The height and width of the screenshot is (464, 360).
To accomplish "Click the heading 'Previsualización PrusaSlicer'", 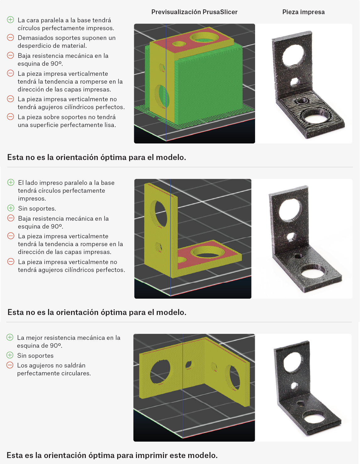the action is pos(194,12).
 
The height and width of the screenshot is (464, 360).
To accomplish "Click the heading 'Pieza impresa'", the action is pos(303,12).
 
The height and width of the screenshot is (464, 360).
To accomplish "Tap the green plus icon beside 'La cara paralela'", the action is pos(10,20).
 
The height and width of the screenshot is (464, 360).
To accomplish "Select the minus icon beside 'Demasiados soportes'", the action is pos(10,38).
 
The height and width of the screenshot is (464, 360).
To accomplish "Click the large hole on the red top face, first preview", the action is pos(205,38).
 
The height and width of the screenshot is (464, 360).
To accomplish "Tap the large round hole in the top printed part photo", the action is pos(293,55).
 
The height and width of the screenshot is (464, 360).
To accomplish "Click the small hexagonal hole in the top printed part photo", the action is pos(295,81).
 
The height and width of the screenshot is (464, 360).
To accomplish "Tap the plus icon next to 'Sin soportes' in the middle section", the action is pos(11,208).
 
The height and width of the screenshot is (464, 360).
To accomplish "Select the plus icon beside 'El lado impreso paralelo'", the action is pos(11,182).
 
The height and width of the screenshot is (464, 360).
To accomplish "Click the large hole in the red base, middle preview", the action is pos(207,253).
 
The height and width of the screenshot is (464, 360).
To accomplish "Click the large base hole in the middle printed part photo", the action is pos(313,273).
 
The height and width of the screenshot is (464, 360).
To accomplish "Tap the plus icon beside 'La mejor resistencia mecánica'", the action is pos(10,337).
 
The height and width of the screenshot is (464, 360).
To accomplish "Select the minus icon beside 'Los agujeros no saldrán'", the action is pos(10,365).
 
